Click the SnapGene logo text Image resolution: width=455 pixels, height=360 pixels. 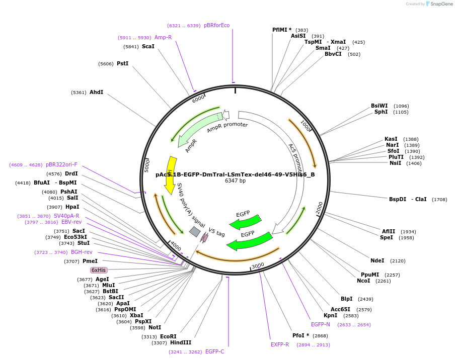441,4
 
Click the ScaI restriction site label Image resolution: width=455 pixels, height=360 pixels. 148,47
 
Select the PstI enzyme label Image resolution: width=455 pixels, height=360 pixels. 122,64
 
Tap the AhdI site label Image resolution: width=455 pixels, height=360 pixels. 96,93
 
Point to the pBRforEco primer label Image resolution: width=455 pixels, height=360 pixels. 216,26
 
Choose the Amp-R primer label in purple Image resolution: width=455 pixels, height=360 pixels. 163,38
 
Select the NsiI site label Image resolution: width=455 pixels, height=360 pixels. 395,163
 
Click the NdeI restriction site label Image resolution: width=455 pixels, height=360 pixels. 377,260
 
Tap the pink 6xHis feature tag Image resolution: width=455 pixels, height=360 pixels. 99,270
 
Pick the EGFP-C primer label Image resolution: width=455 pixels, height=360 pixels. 214,352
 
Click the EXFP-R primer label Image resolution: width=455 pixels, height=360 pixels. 280,345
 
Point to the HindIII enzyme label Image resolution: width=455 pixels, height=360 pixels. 181,343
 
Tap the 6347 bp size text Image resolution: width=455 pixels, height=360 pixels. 235,181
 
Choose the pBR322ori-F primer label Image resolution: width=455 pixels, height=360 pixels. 61,165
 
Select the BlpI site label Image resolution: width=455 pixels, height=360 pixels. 347,299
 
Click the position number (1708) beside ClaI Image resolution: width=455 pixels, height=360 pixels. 439,200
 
